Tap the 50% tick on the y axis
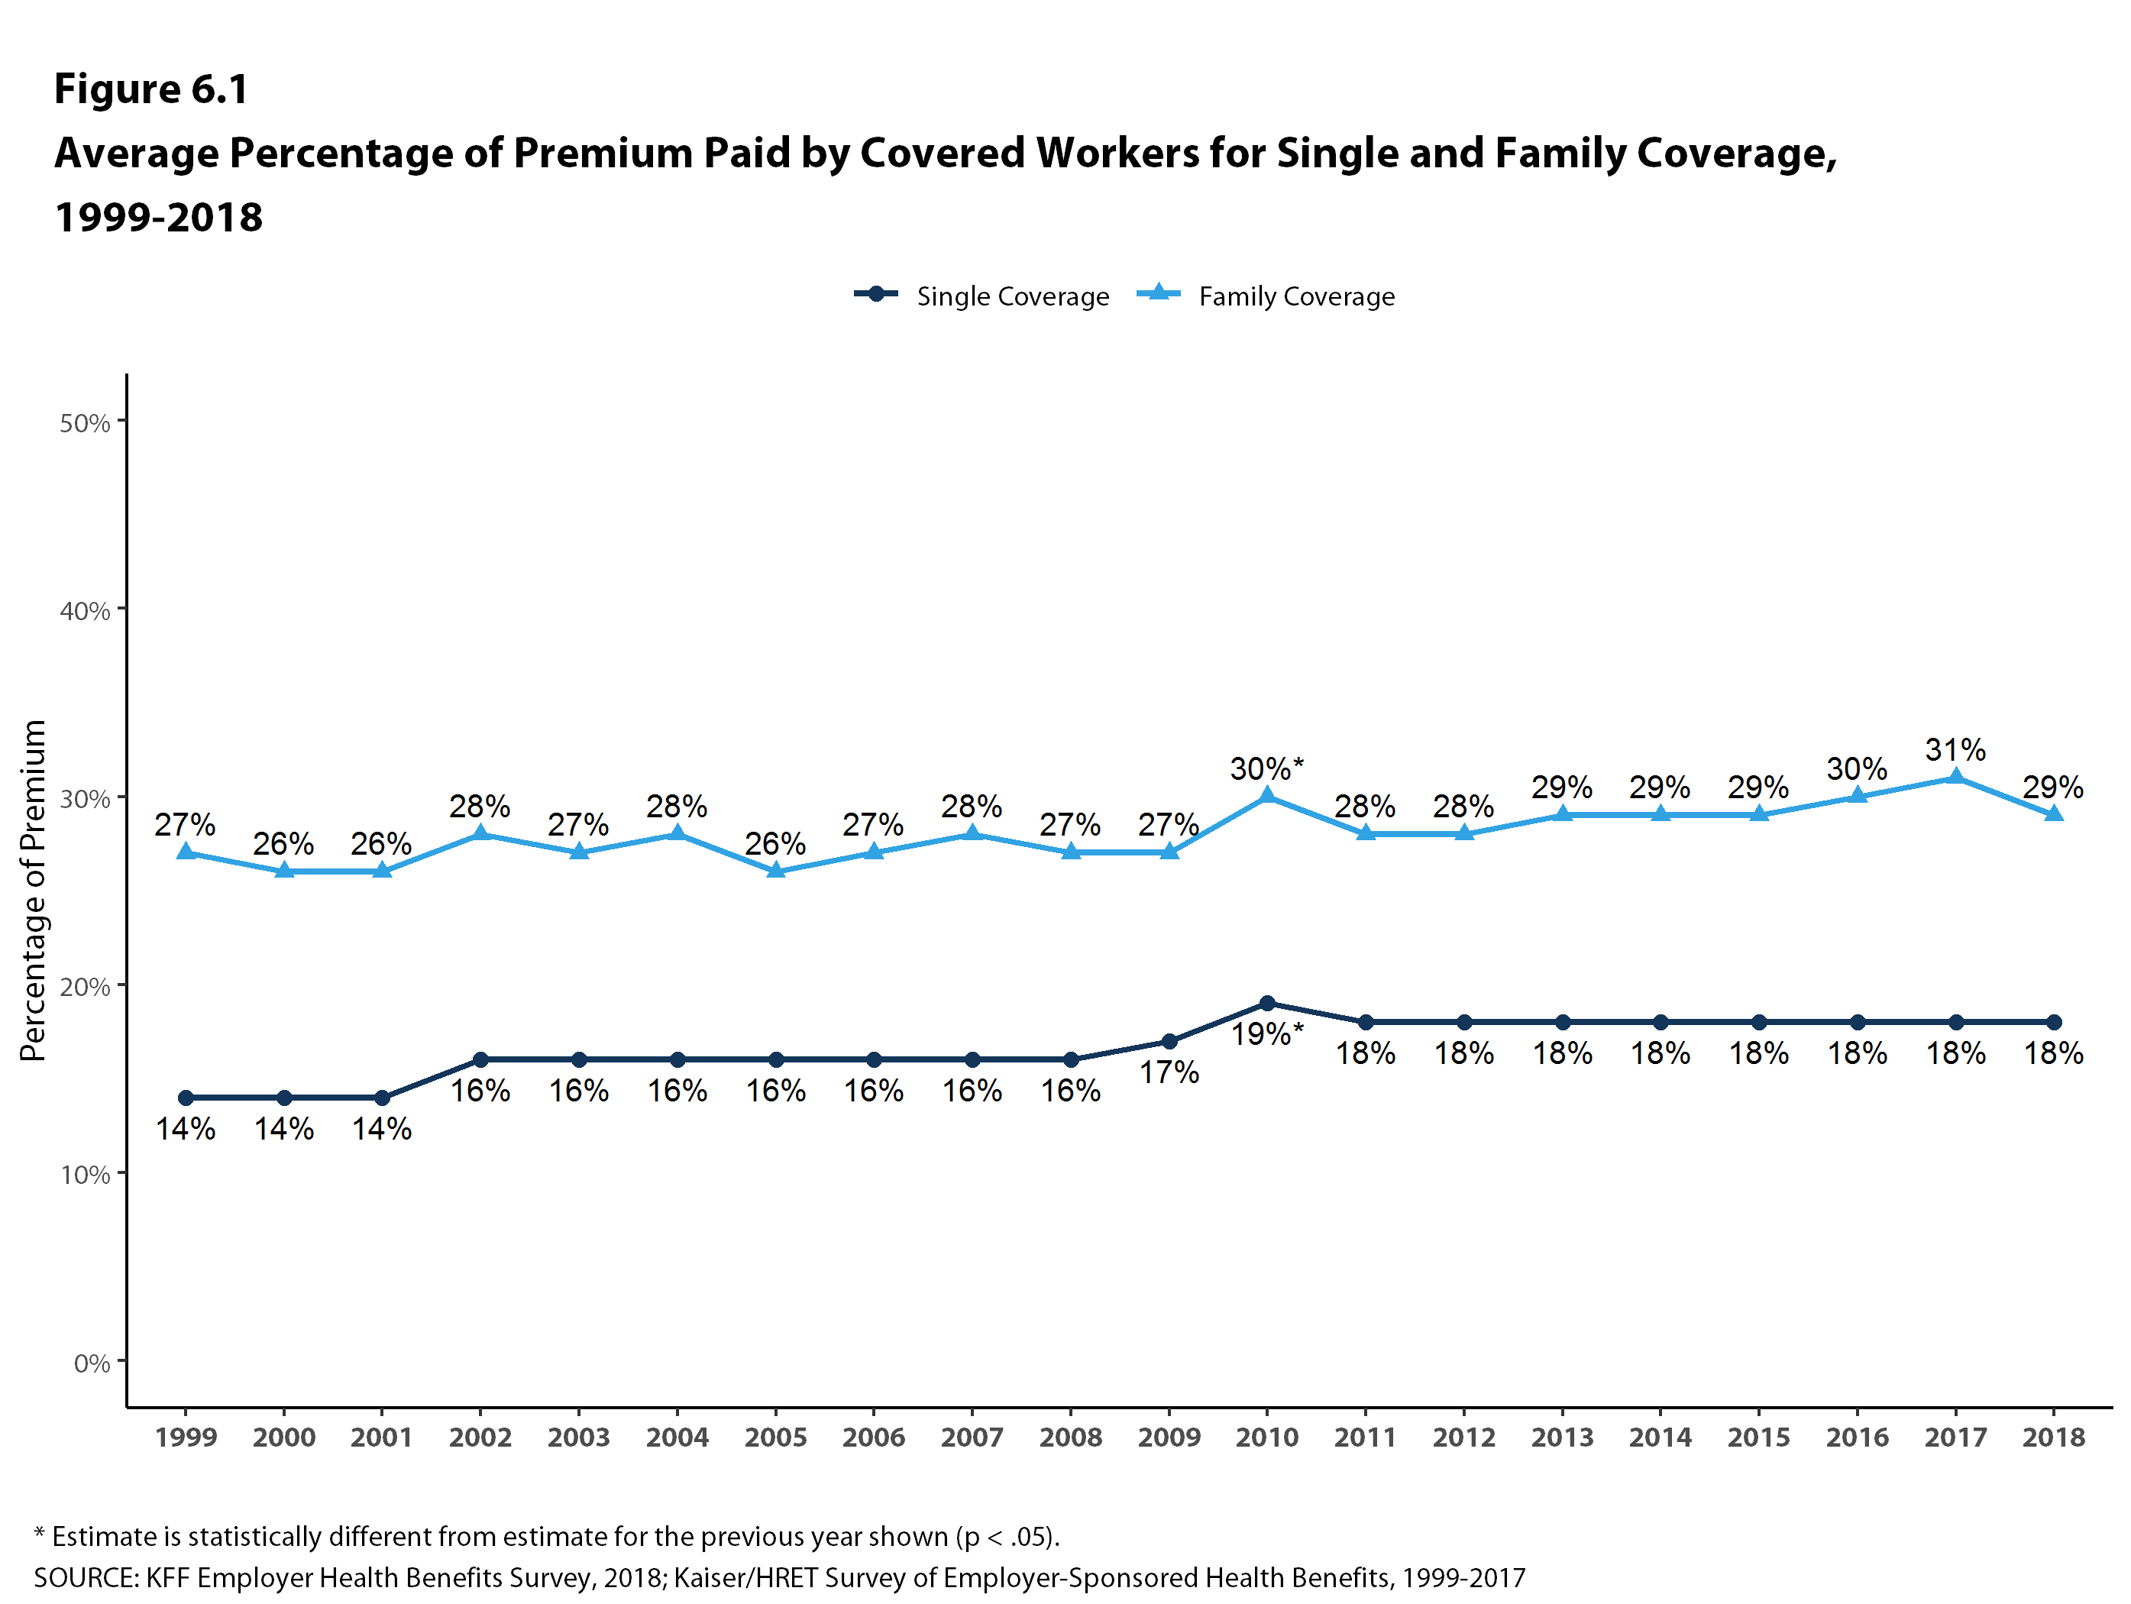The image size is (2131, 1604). (85, 423)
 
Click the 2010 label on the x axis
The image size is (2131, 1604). (1267, 1437)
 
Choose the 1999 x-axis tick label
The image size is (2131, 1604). (186, 1437)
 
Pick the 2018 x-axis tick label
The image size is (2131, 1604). (2053, 1437)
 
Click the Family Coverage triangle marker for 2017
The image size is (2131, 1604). (1955, 778)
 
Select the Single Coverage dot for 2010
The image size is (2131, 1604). (1267, 1003)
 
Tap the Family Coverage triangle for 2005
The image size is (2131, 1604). (775, 871)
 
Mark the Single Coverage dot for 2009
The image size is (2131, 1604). (1169, 1041)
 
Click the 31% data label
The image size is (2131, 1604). (1955, 749)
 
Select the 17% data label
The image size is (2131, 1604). (1169, 1072)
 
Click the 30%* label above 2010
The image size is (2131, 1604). (1267, 768)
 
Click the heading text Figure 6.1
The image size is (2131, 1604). (151, 89)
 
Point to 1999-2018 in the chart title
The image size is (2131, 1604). (159, 218)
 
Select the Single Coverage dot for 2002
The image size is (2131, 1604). (480, 1059)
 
